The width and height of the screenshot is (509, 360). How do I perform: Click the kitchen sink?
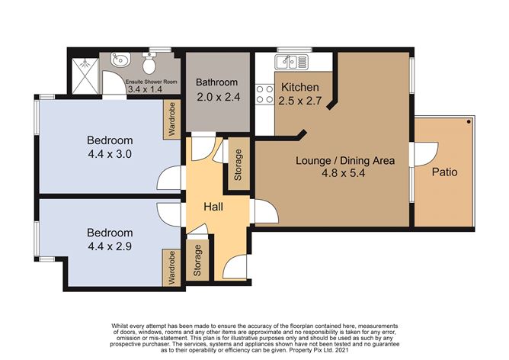tap(290, 62)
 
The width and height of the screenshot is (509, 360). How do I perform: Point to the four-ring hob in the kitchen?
tap(264, 94)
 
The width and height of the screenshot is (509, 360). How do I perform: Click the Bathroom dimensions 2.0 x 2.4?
tap(217, 97)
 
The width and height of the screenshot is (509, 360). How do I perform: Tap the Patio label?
tap(444, 172)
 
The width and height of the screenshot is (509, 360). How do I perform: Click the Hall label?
tap(214, 207)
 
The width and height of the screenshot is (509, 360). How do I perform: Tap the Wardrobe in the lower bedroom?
tap(172, 268)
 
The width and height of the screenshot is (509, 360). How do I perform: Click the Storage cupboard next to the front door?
tap(198, 261)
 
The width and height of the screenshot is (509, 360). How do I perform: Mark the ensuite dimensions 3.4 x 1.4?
tap(145, 89)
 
